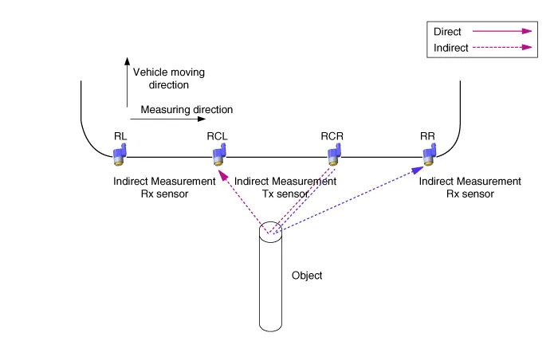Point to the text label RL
(x=120, y=135)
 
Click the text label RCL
(x=217, y=135)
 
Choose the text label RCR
(x=332, y=135)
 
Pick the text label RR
(x=427, y=135)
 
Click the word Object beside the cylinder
(x=307, y=276)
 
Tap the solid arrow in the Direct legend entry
(x=501, y=32)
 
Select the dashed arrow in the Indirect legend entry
(x=501, y=47)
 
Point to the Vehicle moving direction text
(x=168, y=78)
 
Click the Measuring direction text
(x=187, y=110)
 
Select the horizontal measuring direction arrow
(x=167, y=119)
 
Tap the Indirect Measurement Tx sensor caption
(x=285, y=187)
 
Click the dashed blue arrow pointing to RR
(x=351, y=200)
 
